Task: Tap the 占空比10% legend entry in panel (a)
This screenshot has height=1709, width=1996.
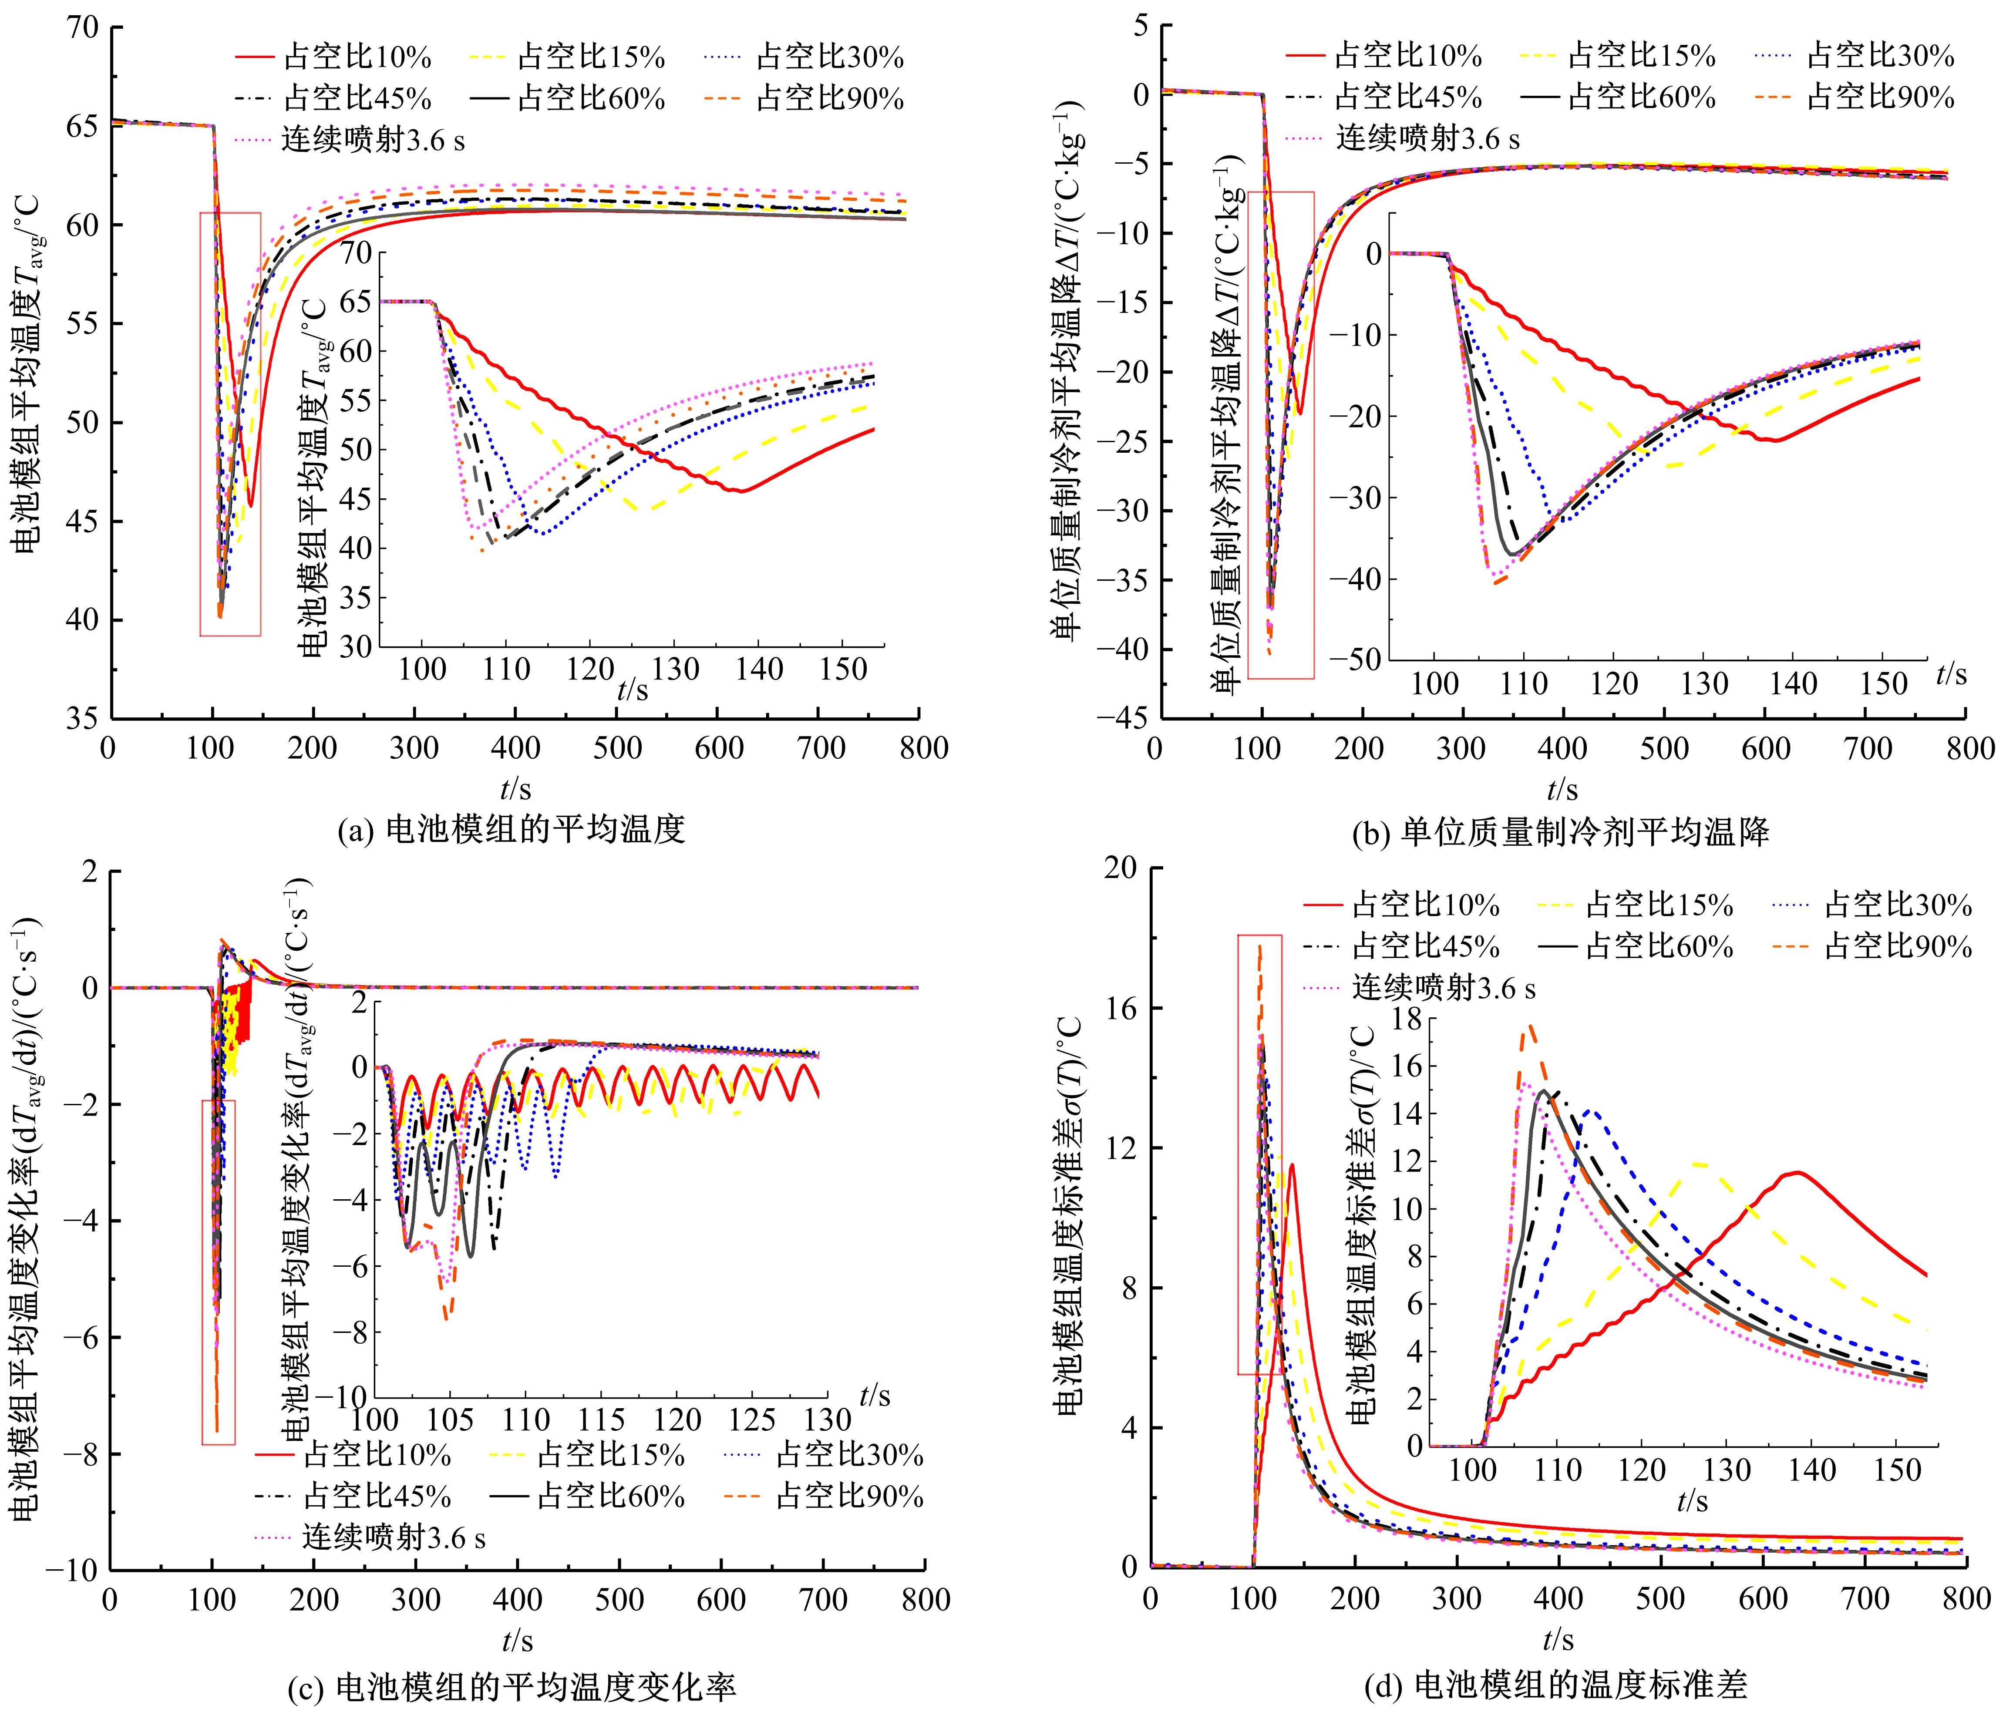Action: tap(334, 58)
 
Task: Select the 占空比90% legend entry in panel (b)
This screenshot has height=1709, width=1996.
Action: tap(1857, 98)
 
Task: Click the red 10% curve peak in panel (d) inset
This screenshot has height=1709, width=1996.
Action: tap(1796, 1172)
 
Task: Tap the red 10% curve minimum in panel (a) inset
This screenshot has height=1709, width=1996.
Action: tap(740, 491)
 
